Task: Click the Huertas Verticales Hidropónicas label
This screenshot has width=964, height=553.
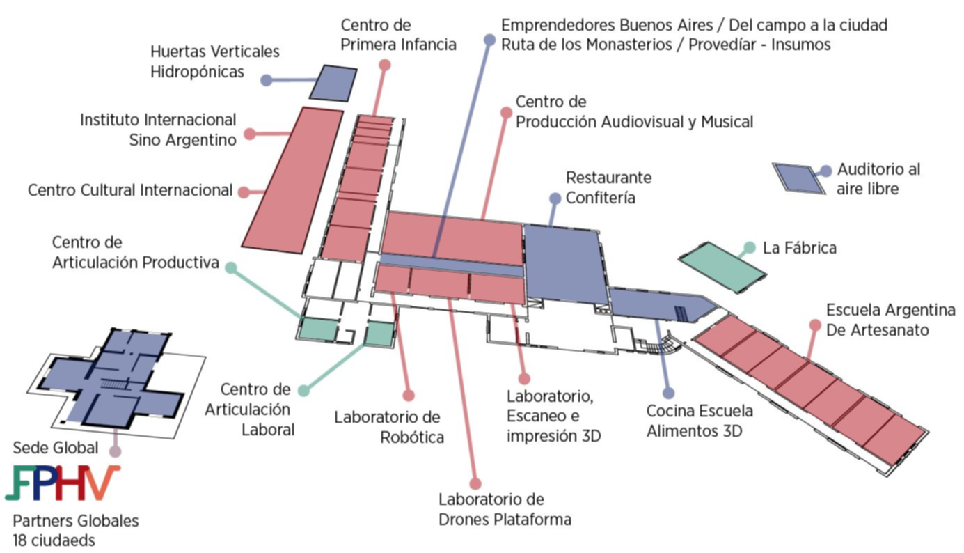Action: [x=214, y=61]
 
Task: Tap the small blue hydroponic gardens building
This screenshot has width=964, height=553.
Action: [x=333, y=83]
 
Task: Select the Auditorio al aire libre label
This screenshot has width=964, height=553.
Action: [x=878, y=178]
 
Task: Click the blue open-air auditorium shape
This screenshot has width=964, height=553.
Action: [x=798, y=177]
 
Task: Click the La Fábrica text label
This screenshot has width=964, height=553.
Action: [x=800, y=248]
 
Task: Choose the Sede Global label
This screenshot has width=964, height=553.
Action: [x=56, y=447]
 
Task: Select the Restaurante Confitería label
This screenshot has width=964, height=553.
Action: [x=608, y=187]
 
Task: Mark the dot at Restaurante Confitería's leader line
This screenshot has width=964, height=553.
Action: [x=555, y=198]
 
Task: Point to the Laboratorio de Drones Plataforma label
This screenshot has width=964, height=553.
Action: [x=505, y=509]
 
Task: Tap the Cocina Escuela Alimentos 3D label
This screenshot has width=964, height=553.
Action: [x=699, y=421]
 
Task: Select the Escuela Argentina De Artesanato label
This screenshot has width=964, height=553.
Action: [x=890, y=320]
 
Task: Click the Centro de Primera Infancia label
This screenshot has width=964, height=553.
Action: [x=398, y=35]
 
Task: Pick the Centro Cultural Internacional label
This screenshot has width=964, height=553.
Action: [x=129, y=190]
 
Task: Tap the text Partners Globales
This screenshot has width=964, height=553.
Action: [x=76, y=520]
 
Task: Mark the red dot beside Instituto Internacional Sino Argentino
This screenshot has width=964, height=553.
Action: [x=249, y=134]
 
